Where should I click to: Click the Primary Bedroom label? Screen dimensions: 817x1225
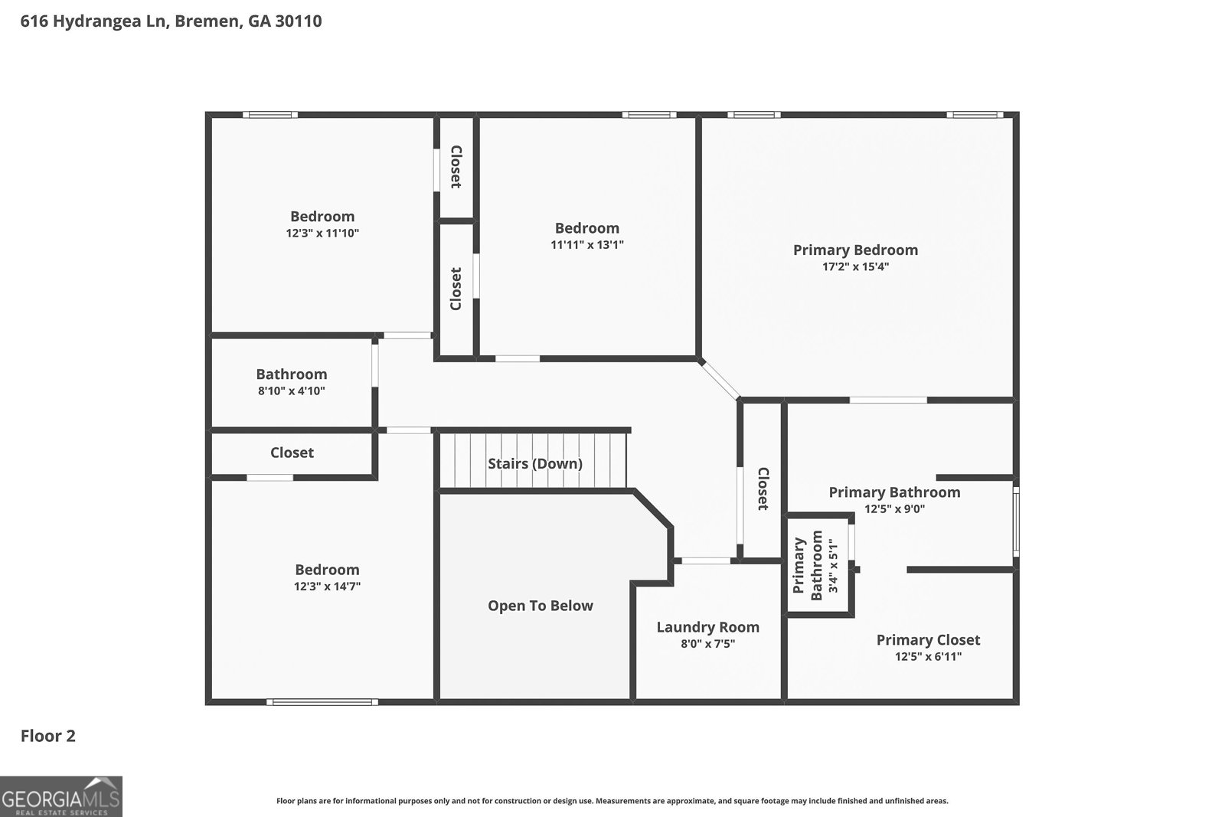pos(855,250)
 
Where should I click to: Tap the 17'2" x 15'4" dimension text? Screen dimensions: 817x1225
pos(854,267)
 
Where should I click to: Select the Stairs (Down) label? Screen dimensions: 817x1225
pos(535,463)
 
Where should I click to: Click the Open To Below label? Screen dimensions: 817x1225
pos(541,606)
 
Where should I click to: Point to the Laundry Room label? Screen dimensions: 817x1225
pos(707,627)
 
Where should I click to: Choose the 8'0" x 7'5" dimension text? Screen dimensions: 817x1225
pos(707,644)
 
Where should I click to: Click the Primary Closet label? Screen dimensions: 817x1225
pos(928,639)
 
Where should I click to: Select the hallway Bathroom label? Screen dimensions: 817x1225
pos(291,374)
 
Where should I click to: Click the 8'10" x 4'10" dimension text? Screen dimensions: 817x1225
pos(291,391)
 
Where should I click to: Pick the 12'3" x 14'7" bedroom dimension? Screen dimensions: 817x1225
pos(327,587)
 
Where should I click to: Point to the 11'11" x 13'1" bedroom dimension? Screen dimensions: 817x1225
pos(587,245)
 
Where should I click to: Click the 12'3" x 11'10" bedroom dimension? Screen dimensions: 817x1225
pos(322,234)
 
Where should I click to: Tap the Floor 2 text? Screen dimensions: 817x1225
pos(47,736)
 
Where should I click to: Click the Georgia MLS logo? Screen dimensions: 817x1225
pos(60,796)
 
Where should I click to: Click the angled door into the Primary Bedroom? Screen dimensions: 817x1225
pos(720,379)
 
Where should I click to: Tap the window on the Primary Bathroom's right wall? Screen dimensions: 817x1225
pos(1016,522)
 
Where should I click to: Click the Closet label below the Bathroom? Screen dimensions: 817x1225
pos(292,453)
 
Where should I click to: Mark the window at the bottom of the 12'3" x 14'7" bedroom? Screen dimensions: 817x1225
pos(322,701)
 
